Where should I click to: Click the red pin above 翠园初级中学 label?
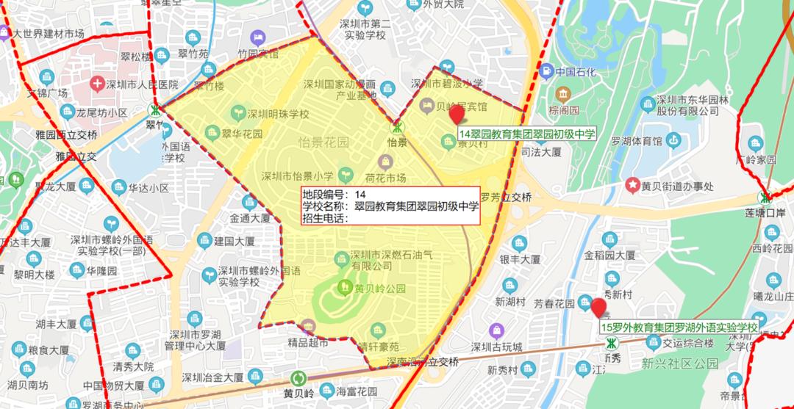point(457,115)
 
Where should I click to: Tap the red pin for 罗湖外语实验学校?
point(599,307)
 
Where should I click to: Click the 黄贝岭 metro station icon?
point(299,378)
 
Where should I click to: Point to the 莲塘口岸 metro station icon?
point(765,198)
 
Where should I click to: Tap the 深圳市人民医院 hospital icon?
point(97,83)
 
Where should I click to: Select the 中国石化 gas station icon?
point(546,72)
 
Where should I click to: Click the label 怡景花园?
point(323,141)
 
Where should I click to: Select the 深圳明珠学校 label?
point(278,114)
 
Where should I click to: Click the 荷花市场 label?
point(385,178)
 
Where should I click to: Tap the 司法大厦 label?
point(541,153)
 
